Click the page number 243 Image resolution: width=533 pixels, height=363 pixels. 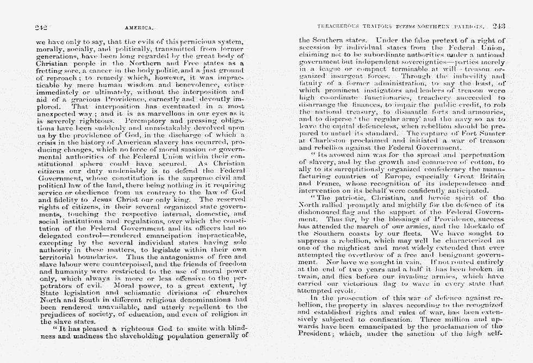pyautogui.click(x=499, y=26)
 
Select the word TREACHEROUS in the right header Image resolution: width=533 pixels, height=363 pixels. pyautogui.click(x=339, y=26)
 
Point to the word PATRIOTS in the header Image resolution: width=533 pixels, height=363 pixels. pyautogui.click(x=471, y=26)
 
